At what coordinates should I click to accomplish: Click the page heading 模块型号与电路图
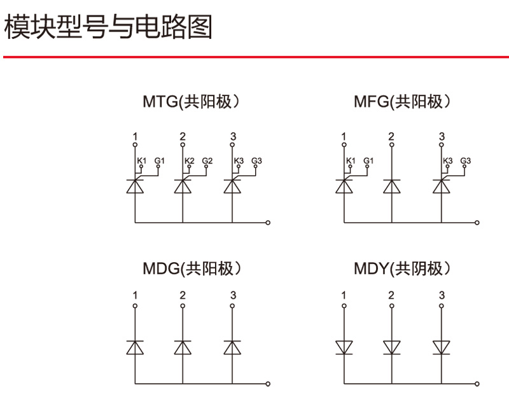point(108,27)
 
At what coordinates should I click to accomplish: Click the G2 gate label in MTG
point(207,160)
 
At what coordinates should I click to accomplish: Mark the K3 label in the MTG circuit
point(239,160)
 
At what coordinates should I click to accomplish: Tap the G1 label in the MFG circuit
point(368,160)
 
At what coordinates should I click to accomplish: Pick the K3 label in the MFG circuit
point(447,160)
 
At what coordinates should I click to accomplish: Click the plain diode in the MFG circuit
point(391,186)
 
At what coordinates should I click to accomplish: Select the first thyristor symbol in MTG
point(135,185)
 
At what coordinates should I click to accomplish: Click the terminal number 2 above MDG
point(183,295)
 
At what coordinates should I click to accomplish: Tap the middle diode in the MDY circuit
point(391,347)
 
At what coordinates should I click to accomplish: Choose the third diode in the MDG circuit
point(232,347)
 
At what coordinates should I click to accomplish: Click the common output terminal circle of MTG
point(268,223)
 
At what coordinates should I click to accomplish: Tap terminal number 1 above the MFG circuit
point(344,137)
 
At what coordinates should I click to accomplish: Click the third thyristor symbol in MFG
point(441,185)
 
